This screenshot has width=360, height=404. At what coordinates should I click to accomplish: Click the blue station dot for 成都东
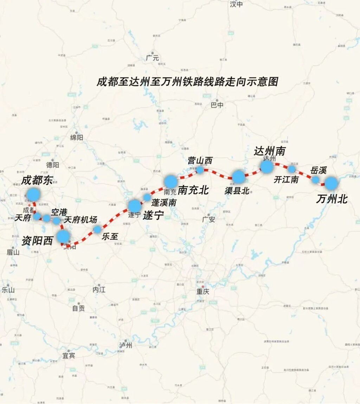tap(34, 194)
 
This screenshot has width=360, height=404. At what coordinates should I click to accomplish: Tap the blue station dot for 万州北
tap(331, 183)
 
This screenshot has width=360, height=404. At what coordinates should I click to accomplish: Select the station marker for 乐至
tap(97, 229)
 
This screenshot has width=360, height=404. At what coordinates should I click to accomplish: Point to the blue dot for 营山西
tap(200, 170)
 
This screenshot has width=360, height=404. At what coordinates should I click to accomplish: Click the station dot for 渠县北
tap(238, 177)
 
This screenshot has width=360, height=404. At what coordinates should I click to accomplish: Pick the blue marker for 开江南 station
tap(291, 169)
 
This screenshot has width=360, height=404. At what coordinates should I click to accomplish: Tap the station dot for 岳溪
tap(316, 180)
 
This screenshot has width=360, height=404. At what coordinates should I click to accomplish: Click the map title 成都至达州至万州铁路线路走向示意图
tap(187, 82)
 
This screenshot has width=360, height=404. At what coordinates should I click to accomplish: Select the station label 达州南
tap(270, 151)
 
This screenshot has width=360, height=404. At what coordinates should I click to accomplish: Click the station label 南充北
tap(193, 190)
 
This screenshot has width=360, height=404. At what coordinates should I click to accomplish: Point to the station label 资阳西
tap(37, 241)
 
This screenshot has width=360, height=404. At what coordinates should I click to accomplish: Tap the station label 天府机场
tap(81, 220)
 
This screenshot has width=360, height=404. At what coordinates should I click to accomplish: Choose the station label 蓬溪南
tap(164, 203)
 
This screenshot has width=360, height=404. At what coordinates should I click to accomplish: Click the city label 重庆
tap(203, 291)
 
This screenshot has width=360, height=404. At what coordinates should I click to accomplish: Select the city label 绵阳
tap(77, 138)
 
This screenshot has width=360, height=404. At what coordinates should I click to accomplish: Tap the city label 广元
tap(153, 58)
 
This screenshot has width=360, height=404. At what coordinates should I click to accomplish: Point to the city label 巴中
tap(217, 105)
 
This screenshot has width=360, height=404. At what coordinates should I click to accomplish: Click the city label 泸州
tap(126, 345)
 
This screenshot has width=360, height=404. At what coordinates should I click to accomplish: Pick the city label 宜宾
tap(69, 356)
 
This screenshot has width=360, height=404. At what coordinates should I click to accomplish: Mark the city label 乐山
tap(8, 290)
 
